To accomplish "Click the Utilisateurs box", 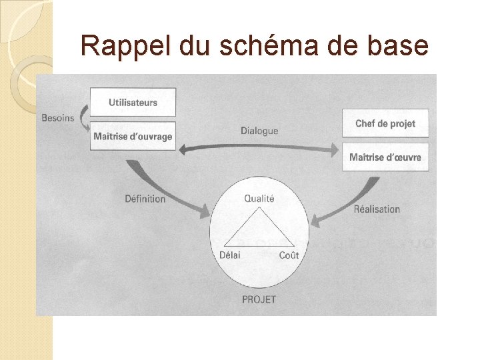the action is tap(133, 102).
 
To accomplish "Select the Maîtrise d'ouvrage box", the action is tap(133, 136).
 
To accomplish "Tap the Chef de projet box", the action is tap(385, 123).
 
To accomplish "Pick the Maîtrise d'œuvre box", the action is tap(385, 157).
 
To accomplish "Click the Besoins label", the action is tap(58, 118).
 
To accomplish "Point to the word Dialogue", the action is tap(259, 131).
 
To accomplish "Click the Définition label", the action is tap(145, 198).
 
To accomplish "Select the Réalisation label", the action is tap(377, 209).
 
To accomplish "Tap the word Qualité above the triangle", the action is tap(259, 198).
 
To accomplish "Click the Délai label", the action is tap(229, 255).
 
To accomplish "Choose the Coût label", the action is tap(289, 255).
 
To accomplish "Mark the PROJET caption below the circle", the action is tap(259, 299).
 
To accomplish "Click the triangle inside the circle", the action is tap(259, 230).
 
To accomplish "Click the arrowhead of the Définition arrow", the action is tap(204, 211).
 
